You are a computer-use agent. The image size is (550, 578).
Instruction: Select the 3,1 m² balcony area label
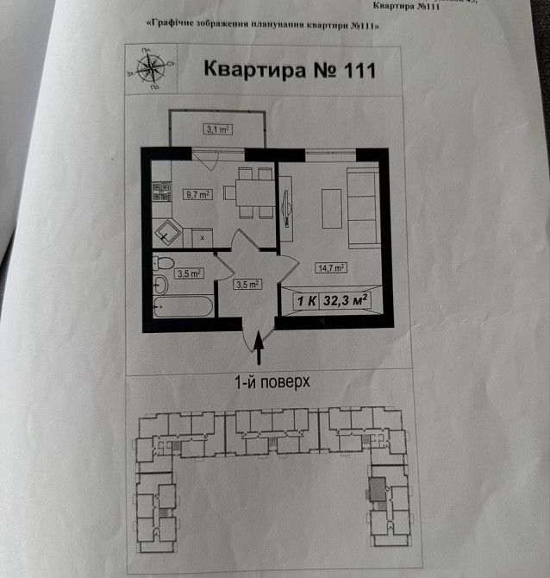click(x=217, y=130)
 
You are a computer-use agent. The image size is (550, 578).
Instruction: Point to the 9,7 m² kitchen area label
click(x=197, y=195)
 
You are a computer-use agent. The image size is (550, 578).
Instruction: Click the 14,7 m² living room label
click(x=330, y=268)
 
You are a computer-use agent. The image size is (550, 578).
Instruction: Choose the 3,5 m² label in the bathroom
click(x=189, y=273)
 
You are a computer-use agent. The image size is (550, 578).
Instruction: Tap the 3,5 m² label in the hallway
click(x=247, y=284)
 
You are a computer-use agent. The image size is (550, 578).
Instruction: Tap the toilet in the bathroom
click(x=164, y=263)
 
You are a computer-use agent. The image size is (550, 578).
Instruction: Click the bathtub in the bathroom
click(x=184, y=306)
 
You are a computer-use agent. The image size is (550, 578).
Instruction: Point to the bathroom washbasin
click(x=160, y=286)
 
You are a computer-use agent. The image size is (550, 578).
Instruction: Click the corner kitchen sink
click(x=166, y=230)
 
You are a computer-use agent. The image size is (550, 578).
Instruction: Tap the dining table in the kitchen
click(x=250, y=192)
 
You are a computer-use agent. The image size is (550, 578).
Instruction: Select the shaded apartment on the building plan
click(x=378, y=487)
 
